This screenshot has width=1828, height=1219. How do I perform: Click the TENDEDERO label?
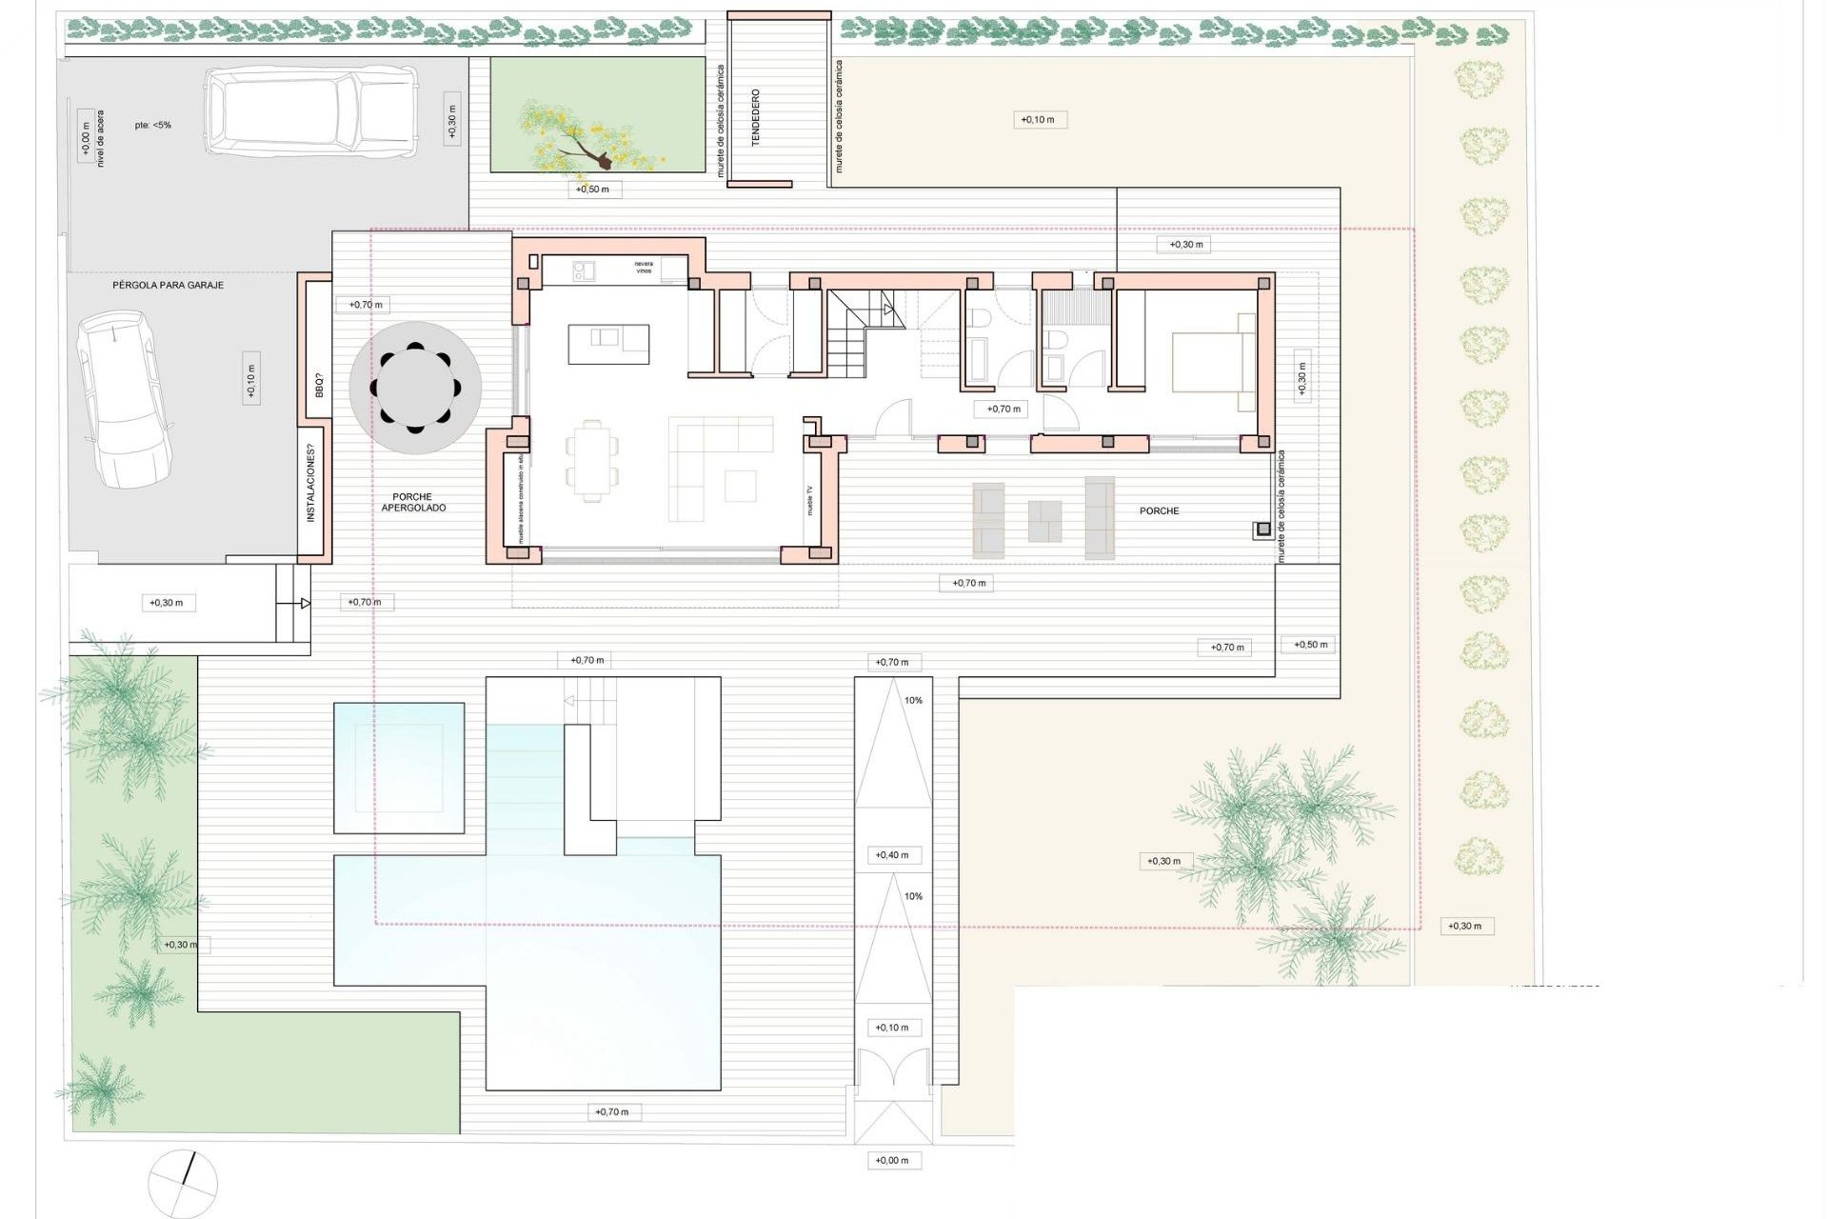(x=756, y=117)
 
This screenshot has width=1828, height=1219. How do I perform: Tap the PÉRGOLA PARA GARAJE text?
(x=169, y=285)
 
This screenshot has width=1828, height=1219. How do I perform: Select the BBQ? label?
(x=319, y=386)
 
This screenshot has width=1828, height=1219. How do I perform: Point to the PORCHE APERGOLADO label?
(x=413, y=502)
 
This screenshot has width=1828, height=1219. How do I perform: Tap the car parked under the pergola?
(x=127, y=400)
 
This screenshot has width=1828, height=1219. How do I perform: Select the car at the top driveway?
(x=310, y=111)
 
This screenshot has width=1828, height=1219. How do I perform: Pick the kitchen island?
(x=609, y=344)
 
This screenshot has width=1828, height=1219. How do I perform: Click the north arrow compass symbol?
(x=183, y=1184)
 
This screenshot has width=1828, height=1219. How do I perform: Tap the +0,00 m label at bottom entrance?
(x=892, y=1160)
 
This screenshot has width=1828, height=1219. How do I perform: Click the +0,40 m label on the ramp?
(x=892, y=855)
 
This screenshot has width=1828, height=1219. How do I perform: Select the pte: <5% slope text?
(x=152, y=125)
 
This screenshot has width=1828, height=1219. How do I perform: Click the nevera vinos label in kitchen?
(x=644, y=268)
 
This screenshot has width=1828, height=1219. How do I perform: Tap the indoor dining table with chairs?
(x=590, y=460)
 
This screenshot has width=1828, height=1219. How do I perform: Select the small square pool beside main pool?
(x=399, y=768)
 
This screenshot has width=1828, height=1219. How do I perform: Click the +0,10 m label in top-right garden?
(x=1038, y=120)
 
